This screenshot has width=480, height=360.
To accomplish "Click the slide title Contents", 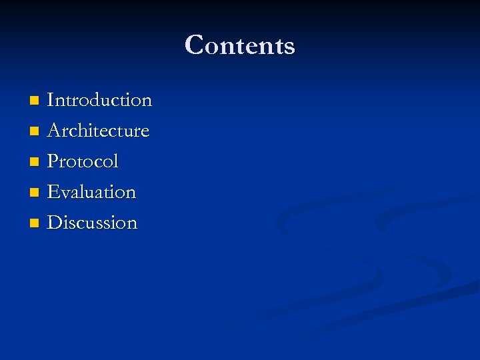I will click(x=240, y=45).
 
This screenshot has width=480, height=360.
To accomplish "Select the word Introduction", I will click(x=99, y=101).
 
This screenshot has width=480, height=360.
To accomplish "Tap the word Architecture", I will click(x=98, y=131).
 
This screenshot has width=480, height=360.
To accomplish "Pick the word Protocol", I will click(x=83, y=161).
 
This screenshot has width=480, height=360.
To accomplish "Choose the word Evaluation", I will click(x=91, y=192).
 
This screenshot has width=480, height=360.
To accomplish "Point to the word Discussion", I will click(x=92, y=223).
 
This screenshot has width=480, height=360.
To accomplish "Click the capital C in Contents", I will click(x=195, y=45).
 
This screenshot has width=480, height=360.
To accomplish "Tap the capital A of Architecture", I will click(x=54, y=131).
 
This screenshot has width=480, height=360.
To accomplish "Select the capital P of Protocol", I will click(x=53, y=161).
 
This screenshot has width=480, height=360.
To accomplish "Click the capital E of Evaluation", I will click(x=53, y=192).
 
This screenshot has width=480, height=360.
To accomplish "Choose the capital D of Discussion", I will click(x=55, y=223).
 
